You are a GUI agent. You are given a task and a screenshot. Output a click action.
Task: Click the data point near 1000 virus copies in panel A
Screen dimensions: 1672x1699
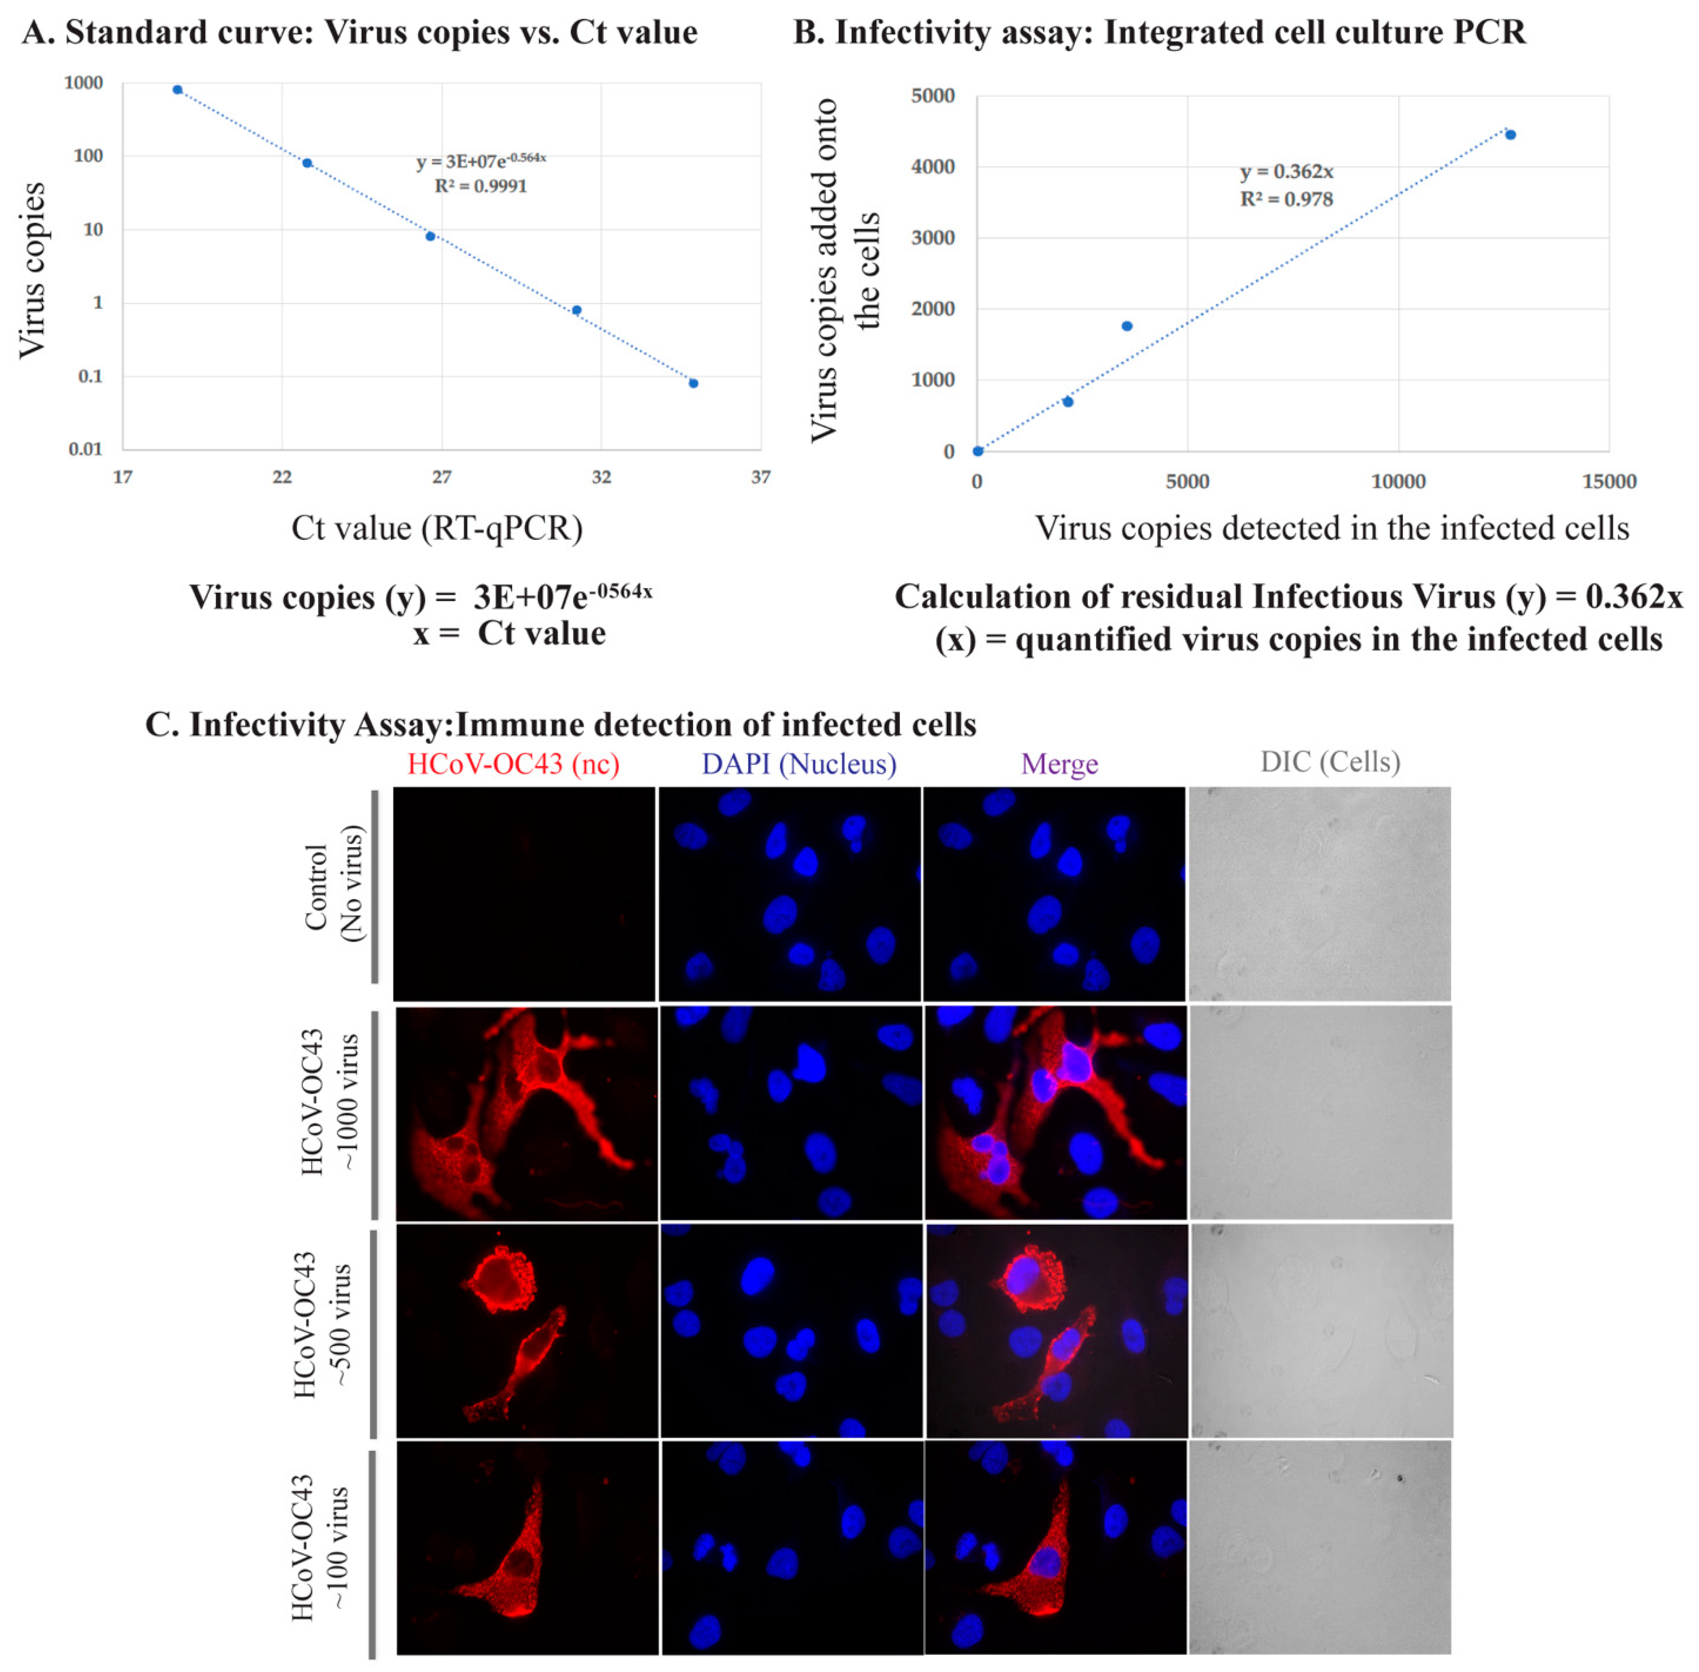tap(178, 90)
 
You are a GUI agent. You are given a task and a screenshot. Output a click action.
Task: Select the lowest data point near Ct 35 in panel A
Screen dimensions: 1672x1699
tap(693, 383)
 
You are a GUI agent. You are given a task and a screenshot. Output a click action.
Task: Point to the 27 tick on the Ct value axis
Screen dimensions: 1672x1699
tap(442, 477)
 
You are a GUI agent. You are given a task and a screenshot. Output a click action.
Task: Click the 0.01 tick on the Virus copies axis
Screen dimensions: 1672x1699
tap(85, 450)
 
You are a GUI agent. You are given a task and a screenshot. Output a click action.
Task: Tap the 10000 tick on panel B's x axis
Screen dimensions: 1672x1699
tap(1398, 481)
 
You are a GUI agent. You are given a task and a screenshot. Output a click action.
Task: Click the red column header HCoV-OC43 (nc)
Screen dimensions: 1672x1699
tap(514, 764)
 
